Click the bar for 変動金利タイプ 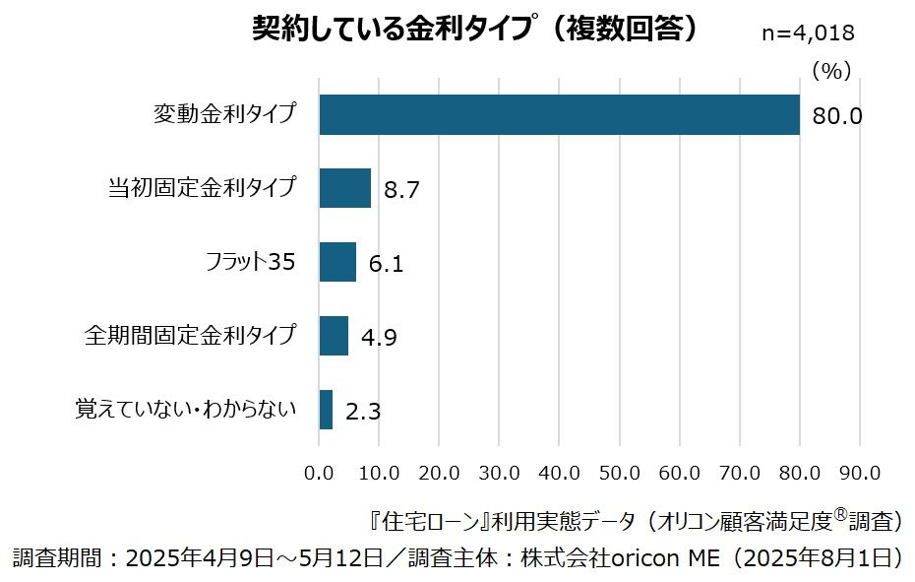559,114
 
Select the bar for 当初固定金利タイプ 344,188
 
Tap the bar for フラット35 337,262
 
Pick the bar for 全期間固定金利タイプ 334,336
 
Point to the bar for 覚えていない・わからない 326,410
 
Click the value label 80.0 837,116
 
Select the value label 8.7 401,190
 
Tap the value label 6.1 386,264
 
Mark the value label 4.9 379,338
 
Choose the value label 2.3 363,412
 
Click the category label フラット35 251,262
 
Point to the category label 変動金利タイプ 224,113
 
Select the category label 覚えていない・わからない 186,409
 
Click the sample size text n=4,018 808,32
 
